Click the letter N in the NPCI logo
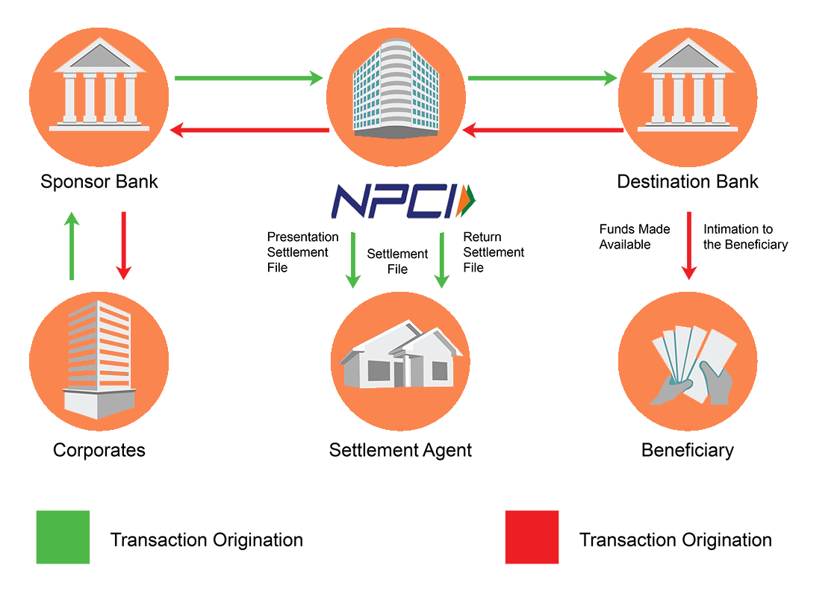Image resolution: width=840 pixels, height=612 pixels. [x=349, y=202]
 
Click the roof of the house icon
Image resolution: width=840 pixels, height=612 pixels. [x=403, y=336]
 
